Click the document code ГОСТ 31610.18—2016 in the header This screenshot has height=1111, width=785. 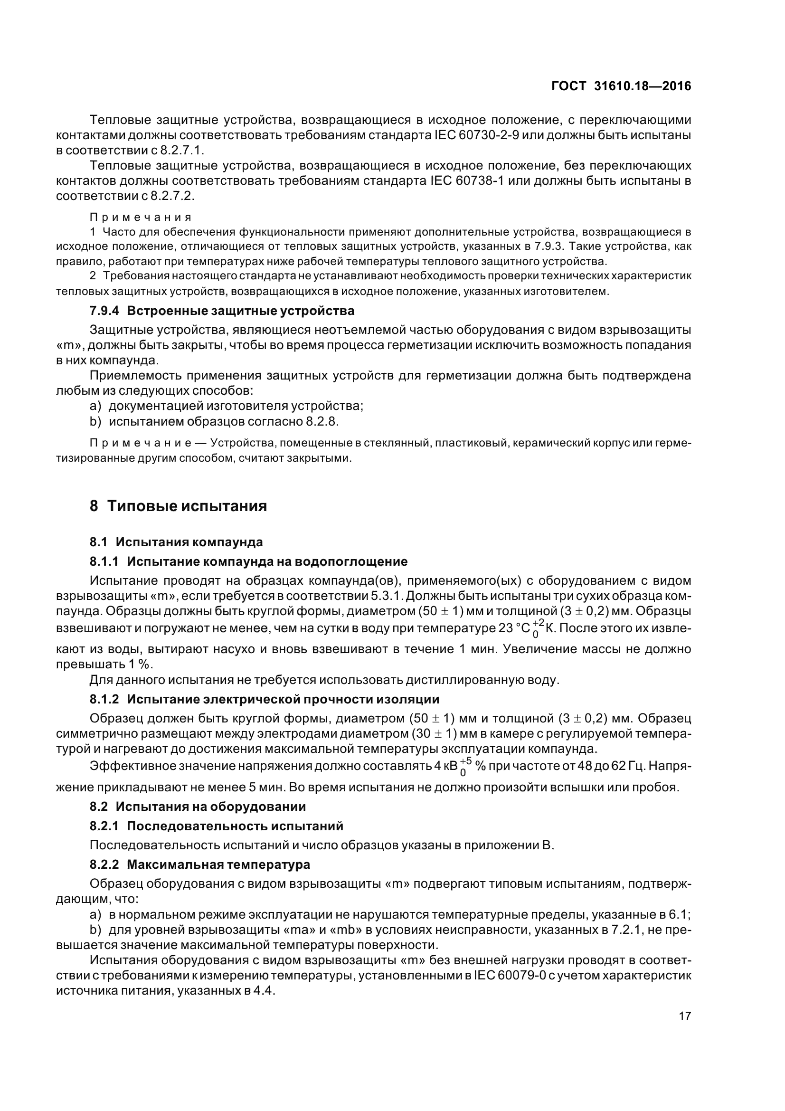(621, 86)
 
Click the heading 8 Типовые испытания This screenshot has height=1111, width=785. (178, 506)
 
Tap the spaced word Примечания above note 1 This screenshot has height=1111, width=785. (141, 217)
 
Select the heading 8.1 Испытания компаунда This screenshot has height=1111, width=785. (176, 541)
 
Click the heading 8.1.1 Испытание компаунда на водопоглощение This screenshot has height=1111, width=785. (249, 561)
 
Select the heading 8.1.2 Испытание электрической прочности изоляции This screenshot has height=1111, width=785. (265, 699)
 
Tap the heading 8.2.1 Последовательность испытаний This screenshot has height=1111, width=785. (216, 826)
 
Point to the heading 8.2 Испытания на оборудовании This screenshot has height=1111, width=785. (198, 807)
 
